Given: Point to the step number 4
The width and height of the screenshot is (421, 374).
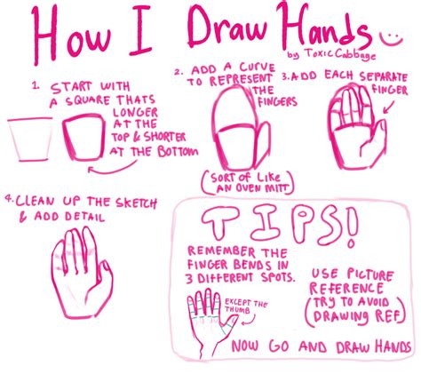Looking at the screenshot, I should coord(8,200).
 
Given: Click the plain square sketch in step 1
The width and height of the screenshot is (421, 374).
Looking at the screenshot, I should coord(27,140).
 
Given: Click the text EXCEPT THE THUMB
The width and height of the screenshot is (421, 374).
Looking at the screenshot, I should coord(248,306).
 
